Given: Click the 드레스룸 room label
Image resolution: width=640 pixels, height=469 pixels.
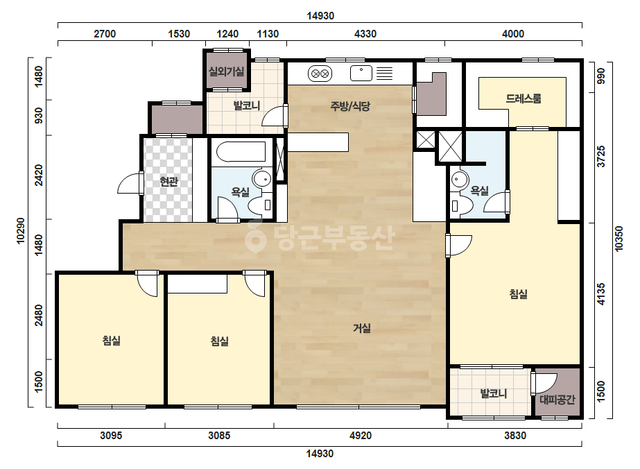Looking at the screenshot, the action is coord(524,99).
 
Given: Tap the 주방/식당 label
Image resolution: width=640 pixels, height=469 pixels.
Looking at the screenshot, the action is coord(350,107).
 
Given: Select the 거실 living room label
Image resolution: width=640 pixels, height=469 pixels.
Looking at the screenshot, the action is coord(362,328).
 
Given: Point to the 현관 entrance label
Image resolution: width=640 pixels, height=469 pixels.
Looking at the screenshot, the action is coord(169,181).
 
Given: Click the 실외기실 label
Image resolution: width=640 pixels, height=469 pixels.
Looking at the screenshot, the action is coord(227,72).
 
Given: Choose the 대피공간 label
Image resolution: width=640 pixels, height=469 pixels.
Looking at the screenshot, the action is coord(557,400).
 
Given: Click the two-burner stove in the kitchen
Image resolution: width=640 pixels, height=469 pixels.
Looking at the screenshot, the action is coord(320,74).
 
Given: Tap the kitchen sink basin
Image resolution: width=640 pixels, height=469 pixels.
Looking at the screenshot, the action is coord(361,74).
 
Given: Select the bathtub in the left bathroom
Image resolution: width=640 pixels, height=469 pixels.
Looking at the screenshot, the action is coord(241,151).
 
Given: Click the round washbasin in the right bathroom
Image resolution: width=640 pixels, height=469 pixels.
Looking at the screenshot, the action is coord(460,180).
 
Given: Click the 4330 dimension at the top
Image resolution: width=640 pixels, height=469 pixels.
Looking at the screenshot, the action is coord(365,34).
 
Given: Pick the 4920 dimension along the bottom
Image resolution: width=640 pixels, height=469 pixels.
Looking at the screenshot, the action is coord(361,436).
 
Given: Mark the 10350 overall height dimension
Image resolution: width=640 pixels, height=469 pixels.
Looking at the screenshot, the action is coord(619,239).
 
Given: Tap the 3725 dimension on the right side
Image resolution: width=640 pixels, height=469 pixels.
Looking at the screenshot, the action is coord(600,156).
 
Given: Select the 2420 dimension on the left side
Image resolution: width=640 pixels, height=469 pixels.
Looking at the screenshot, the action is coord(39,175).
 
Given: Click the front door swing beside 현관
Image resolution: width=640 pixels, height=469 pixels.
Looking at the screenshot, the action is coord(130,183).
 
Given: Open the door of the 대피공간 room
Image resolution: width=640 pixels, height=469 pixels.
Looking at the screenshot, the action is coord(544,384).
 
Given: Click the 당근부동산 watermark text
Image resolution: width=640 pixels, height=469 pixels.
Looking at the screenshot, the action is coord(320,237).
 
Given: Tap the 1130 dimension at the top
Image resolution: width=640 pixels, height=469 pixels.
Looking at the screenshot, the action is coord(268,34).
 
